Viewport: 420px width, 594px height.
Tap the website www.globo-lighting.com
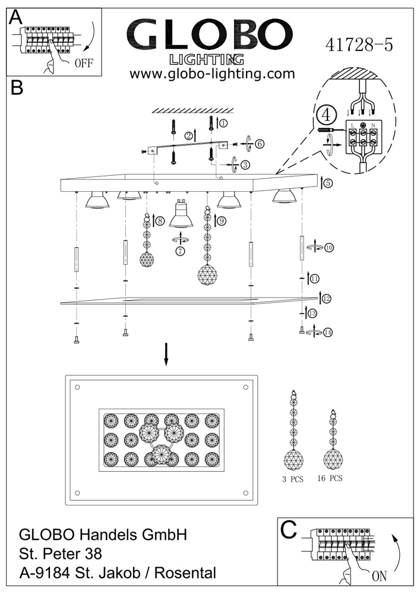[x=212, y=74]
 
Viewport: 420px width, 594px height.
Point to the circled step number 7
[x=181, y=251]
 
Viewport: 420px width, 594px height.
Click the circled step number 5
[x=328, y=184]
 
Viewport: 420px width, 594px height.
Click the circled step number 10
[x=329, y=248]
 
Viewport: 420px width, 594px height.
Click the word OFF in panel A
[x=84, y=62]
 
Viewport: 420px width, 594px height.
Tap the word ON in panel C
[x=379, y=576]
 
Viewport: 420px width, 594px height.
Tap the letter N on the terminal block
[x=372, y=125]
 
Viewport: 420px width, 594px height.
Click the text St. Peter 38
[x=61, y=554]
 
